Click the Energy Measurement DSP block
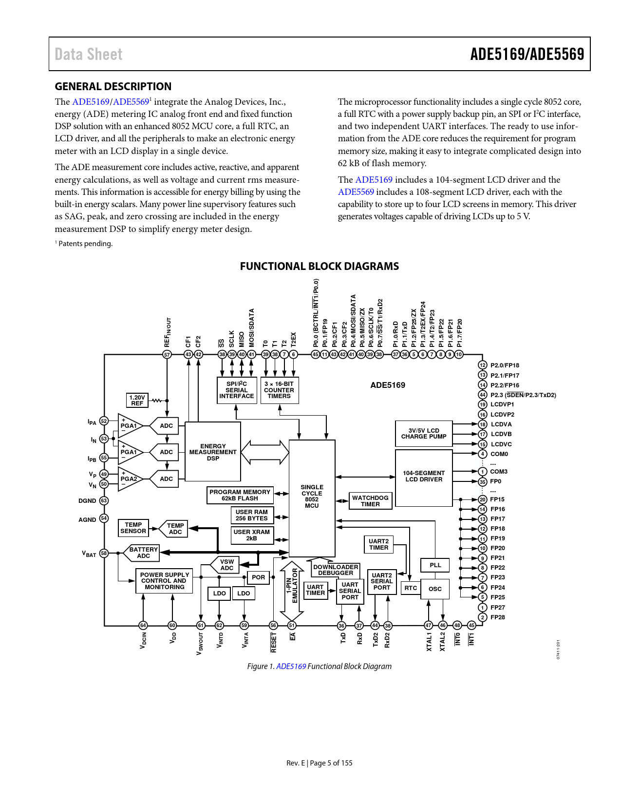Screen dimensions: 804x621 pyautogui.click(x=213, y=452)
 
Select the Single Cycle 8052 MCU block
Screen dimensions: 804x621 pyautogui.click(x=312, y=497)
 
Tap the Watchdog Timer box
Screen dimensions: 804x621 pyautogui.click(x=370, y=501)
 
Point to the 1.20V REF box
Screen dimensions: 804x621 pyautogui.click(x=137, y=401)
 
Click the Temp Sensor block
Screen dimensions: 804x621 pyautogui.click(x=133, y=528)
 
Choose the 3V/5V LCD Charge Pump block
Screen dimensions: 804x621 pyautogui.click(x=423, y=434)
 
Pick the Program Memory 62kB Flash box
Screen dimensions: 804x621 pyautogui.click(x=240, y=495)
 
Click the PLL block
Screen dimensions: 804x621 pyautogui.click(x=435, y=565)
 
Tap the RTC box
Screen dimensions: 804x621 pyautogui.click(x=411, y=588)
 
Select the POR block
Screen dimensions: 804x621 pyautogui.click(x=258, y=577)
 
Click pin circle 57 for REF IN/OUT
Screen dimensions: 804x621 pyautogui.click(x=167, y=355)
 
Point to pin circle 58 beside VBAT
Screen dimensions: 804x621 pyautogui.click(x=104, y=553)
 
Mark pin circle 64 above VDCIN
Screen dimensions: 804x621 pyautogui.click(x=143, y=625)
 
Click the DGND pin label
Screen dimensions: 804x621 pyautogui.click(x=87, y=501)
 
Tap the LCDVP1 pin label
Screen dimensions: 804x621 pyautogui.click(x=502, y=404)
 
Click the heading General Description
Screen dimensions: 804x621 pyautogui.click(x=113, y=87)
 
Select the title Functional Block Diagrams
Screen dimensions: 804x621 pyautogui.click(x=319, y=267)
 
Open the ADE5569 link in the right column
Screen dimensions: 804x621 pyautogui.click(x=356, y=192)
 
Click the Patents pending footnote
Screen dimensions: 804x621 pyautogui.click(x=85, y=244)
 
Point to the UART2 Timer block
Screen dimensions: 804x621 pyautogui.click(x=378, y=544)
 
